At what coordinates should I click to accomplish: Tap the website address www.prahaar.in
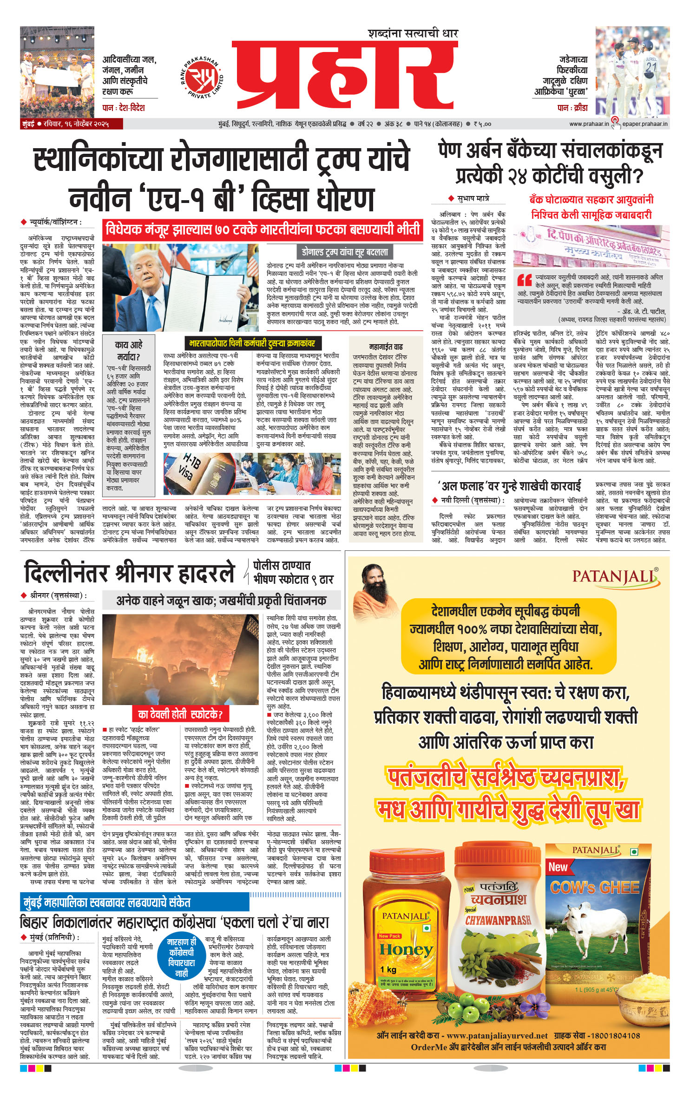(x=589, y=124)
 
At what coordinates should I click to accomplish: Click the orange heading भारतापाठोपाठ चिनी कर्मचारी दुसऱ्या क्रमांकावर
(x=252, y=343)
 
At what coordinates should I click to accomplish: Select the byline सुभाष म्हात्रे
(x=472, y=198)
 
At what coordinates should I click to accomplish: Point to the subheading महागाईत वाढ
(x=385, y=346)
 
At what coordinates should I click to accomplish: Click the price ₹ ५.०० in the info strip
(x=482, y=124)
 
